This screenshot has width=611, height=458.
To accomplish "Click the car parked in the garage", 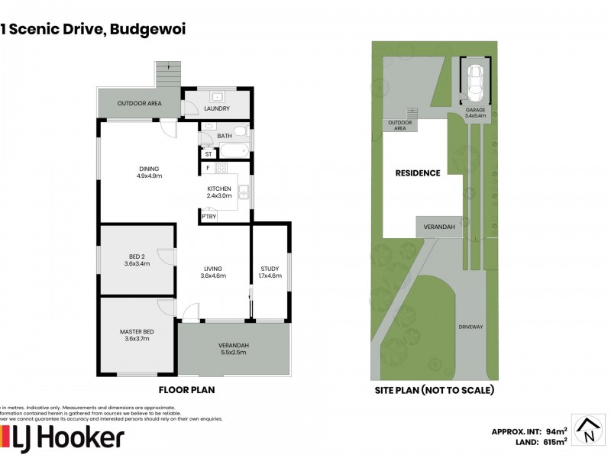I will [475, 82].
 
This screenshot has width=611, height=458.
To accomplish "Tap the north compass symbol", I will [588, 430].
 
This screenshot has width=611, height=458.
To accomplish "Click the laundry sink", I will [217, 97].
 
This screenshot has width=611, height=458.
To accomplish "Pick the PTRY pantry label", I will [209, 217].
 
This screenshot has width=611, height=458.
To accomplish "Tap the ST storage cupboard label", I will [208, 153].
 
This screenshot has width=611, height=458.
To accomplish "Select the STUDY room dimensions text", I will [271, 276].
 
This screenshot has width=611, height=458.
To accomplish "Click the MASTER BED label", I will [137, 335].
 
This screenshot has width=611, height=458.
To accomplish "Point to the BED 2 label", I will [137, 260].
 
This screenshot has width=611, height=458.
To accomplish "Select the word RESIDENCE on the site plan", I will [418, 173].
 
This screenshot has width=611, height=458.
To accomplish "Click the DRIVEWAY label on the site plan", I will [471, 327].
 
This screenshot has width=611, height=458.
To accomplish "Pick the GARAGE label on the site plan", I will [476, 111].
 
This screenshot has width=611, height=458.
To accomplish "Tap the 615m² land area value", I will [554, 441].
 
